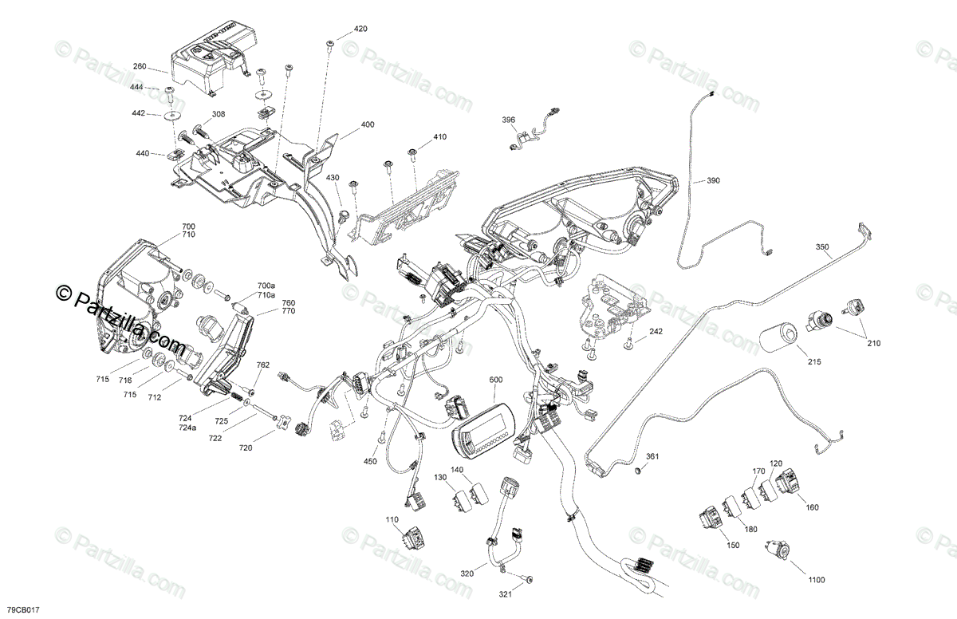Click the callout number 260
(140, 68)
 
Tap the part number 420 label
(360, 29)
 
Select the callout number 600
(495, 380)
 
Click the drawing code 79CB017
(21, 609)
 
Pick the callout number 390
(712, 181)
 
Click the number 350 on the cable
(822, 247)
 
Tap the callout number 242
(655, 331)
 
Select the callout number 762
(262, 365)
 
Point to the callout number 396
(508, 120)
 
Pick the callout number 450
(370, 461)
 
